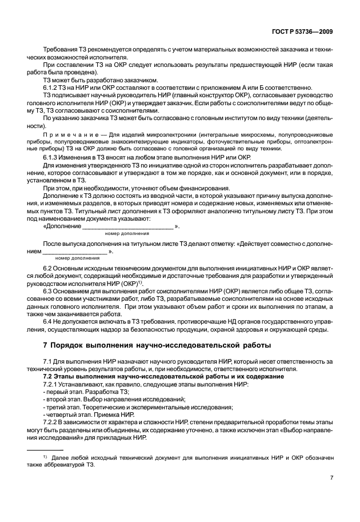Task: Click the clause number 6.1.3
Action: (x=52, y=157)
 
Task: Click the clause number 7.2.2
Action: (x=52, y=422)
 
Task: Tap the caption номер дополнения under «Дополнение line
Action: (x=127, y=234)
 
